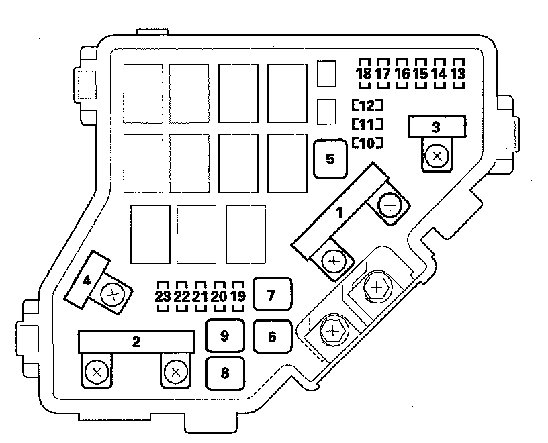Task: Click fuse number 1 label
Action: point(340,213)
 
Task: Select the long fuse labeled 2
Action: point(136,342)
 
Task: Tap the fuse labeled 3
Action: point(437,126)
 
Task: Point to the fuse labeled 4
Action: point(87,280)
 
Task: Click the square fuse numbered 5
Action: point(330,159)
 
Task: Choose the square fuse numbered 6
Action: point(272,336)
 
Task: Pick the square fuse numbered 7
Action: point(271,295)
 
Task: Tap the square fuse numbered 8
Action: point(225,373)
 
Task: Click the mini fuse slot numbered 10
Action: point(367,142)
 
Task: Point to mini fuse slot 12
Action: point(367,105)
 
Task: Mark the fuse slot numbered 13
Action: point(458,73)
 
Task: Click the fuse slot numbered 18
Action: point(364,73)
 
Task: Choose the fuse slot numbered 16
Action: point(402,73)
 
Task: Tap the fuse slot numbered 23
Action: point(163,296)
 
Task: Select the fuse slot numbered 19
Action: point(237,296)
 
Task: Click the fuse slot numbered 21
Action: point(199,296)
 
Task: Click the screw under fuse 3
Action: point(437,156)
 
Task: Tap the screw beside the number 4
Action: point(113,293)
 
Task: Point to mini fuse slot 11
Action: point(367,124)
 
